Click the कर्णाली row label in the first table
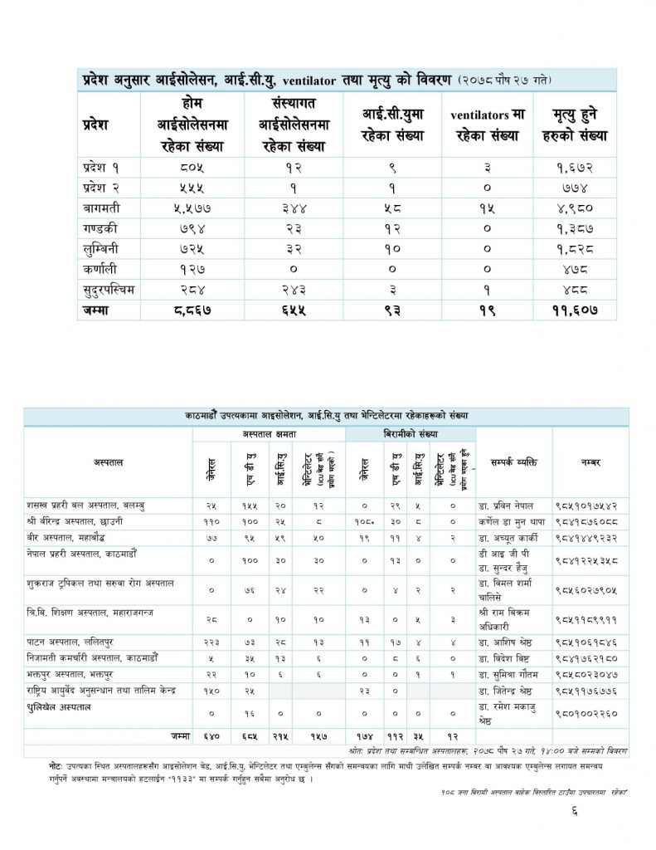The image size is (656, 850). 101,268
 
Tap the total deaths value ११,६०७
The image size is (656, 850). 586,309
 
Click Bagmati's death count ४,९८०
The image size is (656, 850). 586,208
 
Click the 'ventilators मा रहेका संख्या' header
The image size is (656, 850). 487,125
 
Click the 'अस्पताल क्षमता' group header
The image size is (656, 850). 270,435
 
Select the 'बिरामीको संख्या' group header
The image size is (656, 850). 411,435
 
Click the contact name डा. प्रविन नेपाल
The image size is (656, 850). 508,505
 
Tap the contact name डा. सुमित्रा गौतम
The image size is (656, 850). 511,674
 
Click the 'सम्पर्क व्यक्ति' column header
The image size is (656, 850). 513,462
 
